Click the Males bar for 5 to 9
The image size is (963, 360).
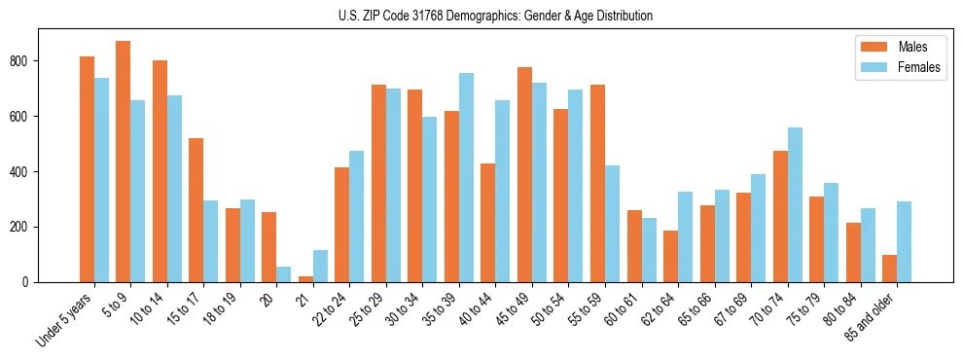point(124,162)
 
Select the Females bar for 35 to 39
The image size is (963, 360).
point(466,177)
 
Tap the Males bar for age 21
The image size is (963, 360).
point(305,279)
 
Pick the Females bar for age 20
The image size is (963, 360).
point(284,274)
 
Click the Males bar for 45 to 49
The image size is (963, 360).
point(524,174)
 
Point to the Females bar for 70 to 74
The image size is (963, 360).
point(795,204)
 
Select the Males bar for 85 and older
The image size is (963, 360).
point(889,269)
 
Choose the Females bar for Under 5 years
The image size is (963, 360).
point(101,180)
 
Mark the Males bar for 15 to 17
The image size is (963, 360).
point(196,210)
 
